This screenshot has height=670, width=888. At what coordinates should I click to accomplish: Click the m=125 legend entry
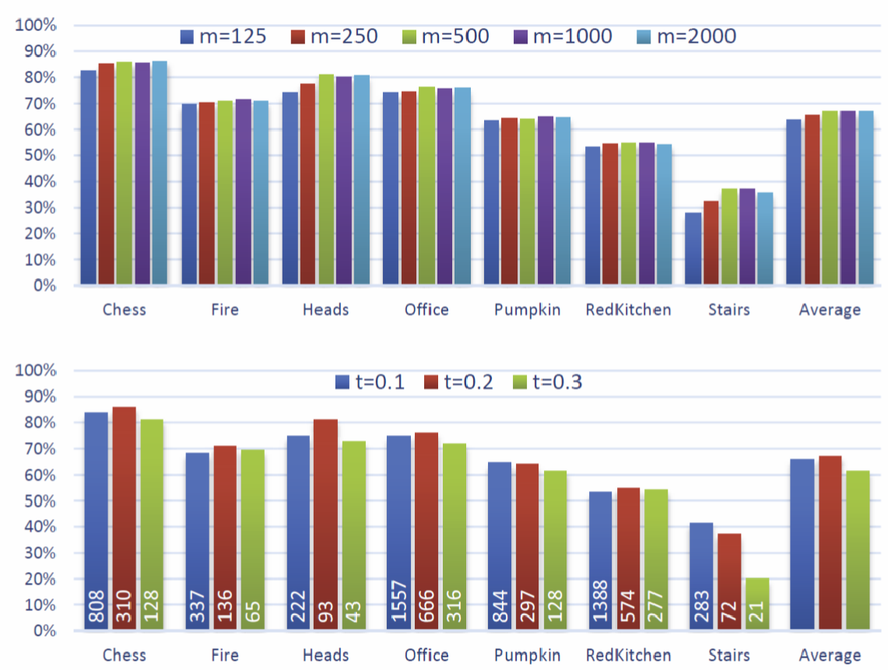223,37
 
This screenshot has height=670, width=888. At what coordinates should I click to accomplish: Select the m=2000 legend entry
684,37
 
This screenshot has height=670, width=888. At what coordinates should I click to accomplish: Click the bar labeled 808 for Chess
96,521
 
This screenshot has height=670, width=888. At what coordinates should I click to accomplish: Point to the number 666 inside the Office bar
426,602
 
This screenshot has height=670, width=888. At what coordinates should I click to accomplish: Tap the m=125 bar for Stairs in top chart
693,249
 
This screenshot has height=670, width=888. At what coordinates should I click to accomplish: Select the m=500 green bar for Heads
326,179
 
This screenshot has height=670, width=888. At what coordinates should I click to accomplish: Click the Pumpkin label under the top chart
527,310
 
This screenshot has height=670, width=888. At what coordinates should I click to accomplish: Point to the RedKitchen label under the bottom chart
628,655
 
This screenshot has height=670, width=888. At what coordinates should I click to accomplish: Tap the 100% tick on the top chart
36,26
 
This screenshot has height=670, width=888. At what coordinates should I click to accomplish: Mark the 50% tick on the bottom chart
36,501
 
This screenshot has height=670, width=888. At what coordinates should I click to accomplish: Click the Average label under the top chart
830,310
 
